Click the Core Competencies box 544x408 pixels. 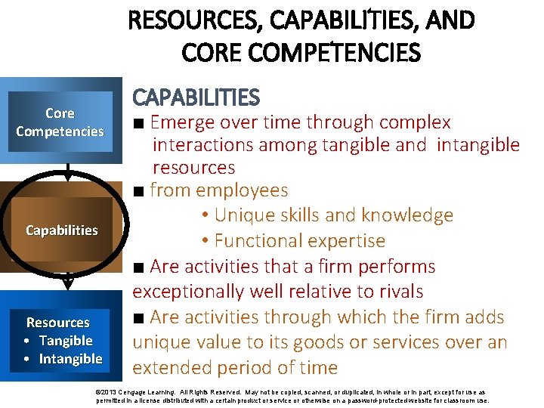pos(60,122)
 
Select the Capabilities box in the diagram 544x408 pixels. pos(61,230)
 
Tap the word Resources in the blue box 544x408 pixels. pos(58,323)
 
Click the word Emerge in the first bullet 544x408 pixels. pos(182,122)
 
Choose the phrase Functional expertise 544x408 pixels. pos(299,241)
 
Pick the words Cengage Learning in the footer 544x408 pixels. pos(152,393)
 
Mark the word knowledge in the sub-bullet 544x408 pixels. pos(408,215)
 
